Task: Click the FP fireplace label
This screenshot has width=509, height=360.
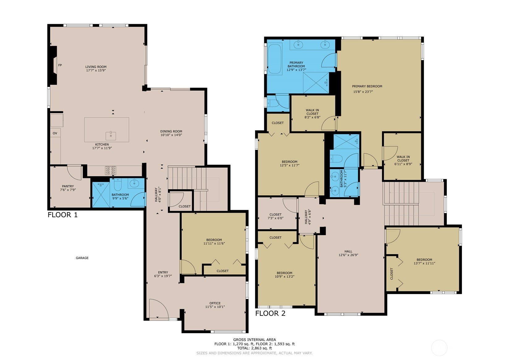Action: tap(60, 65)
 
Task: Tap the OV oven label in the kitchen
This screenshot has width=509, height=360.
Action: tap(55, 133)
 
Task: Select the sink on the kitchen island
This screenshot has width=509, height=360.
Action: tap(111, 135)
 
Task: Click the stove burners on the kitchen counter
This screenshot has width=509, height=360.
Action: tap(111, 170)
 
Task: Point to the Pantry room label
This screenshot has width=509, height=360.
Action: tap(68, 186)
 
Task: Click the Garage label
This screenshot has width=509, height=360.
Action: tap(82, 258)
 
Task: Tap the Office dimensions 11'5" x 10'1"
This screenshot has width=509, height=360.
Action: tap(215, 307)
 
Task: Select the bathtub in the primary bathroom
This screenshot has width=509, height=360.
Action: tap(274, 59)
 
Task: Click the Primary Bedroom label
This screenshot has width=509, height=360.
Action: tap(367, 86)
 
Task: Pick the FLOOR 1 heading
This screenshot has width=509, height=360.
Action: tap(62, 215)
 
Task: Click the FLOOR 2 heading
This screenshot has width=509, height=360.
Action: tap(270, 313)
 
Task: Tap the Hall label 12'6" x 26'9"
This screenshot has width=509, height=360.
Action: tap(348, 253)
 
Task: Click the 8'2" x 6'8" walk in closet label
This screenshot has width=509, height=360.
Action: tap(312, 114)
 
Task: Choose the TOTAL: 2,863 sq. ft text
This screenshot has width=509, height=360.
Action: tap(254, 348)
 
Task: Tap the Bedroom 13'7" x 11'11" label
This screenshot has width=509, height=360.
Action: tap(424, 262)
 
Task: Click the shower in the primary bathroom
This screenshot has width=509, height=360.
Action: tap(316, 83)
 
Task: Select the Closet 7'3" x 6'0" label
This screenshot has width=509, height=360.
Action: tap(275, 216)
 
